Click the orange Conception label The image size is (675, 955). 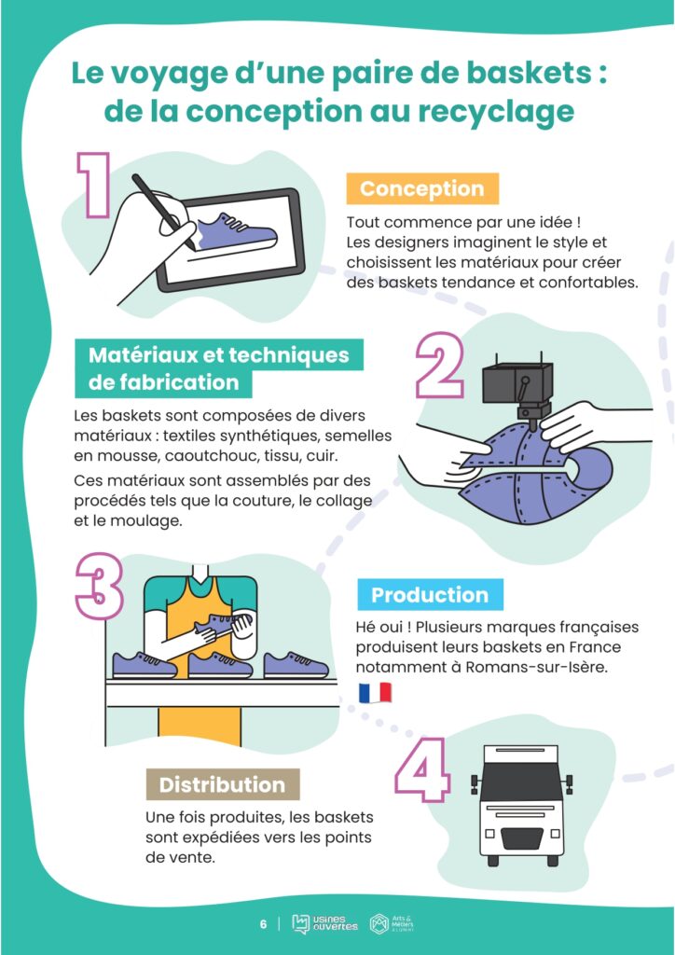422,188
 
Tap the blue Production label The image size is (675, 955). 430,594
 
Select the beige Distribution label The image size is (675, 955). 223,784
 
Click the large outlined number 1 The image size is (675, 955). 93,186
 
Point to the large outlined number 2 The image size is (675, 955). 439,366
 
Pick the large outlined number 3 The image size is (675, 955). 99,586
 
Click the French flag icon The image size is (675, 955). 375,693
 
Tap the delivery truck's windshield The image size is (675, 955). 522,778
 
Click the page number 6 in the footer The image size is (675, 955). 263,924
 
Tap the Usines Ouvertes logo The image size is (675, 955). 324,924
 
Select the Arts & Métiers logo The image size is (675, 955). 393,924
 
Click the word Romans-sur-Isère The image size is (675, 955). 536,666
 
